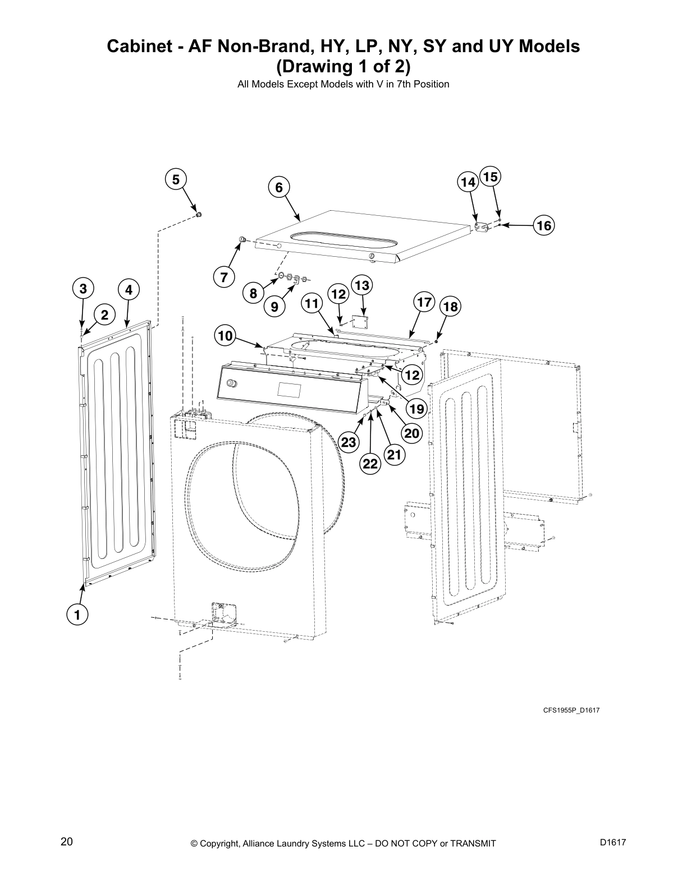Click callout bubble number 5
coord(176,179)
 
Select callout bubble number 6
coord(279,187)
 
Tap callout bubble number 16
coord(543,225)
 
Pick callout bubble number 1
coord(77,614)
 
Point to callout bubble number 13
coord(362,285)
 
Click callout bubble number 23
coord(349,442)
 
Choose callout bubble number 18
coord(450,307)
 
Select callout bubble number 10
coord(225,336)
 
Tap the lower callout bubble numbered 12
coord(413,375)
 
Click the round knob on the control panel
coord(231,384)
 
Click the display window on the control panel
coord(288,388)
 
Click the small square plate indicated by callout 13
coord(358,321)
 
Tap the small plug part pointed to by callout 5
coord(199,214)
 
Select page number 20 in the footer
coord(66,841)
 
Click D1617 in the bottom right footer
coord(612,842)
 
